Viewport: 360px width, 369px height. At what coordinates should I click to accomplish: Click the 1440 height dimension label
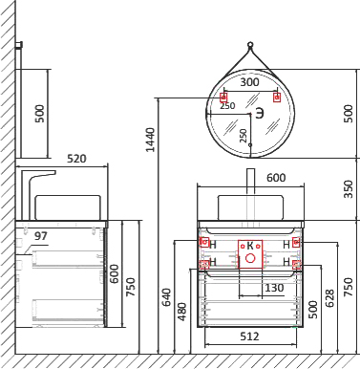150,140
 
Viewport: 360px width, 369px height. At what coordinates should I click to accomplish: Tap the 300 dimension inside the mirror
249,82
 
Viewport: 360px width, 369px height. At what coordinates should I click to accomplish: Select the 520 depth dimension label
76,158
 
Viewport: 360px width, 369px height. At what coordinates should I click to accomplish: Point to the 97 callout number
41,236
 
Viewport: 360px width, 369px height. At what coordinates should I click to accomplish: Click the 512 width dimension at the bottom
249,336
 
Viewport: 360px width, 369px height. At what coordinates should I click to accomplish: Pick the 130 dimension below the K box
274,288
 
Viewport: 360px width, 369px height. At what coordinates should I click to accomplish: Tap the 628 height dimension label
330,298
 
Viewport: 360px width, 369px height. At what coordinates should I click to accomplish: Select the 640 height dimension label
166,297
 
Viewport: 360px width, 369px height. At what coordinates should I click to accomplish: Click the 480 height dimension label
182,312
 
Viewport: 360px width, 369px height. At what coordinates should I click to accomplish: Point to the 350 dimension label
349,189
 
